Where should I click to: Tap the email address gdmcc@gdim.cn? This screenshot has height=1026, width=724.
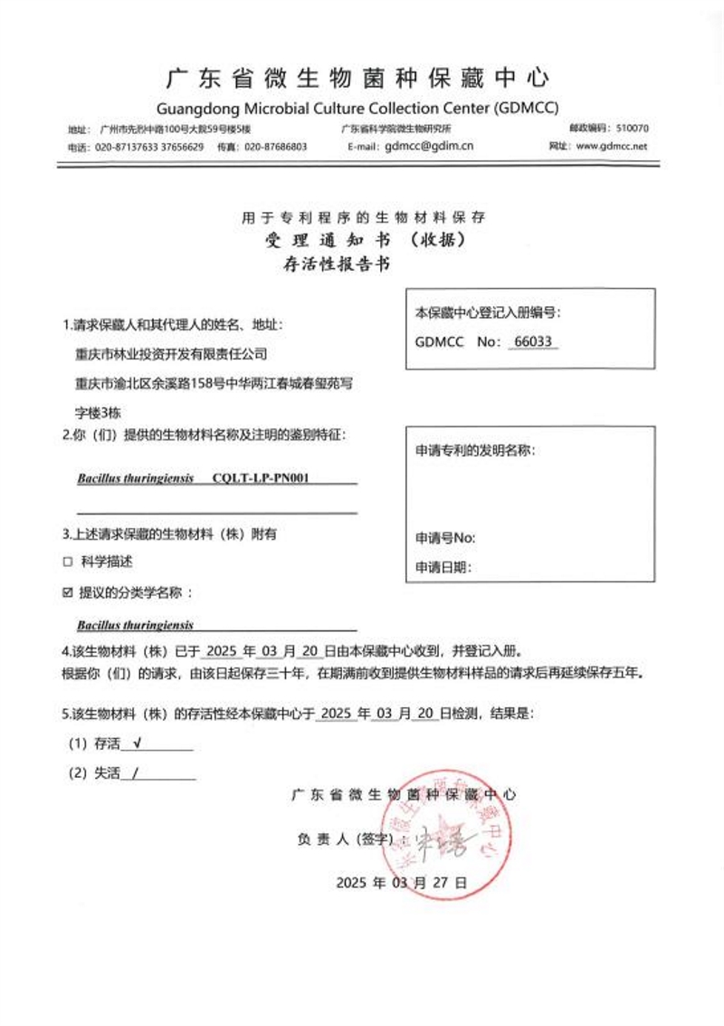429,146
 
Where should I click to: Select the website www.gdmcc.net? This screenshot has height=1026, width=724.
611,146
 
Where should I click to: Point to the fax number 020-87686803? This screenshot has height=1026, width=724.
275,147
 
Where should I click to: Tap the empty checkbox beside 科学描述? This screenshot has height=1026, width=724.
67,561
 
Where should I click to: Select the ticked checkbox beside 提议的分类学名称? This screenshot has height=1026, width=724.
67,593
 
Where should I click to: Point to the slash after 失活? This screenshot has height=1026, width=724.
135,774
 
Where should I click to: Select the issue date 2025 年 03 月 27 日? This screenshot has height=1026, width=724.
401,881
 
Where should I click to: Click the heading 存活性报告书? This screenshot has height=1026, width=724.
337,266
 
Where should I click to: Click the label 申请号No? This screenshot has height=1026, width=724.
445,538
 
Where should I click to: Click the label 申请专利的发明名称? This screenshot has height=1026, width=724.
474,450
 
